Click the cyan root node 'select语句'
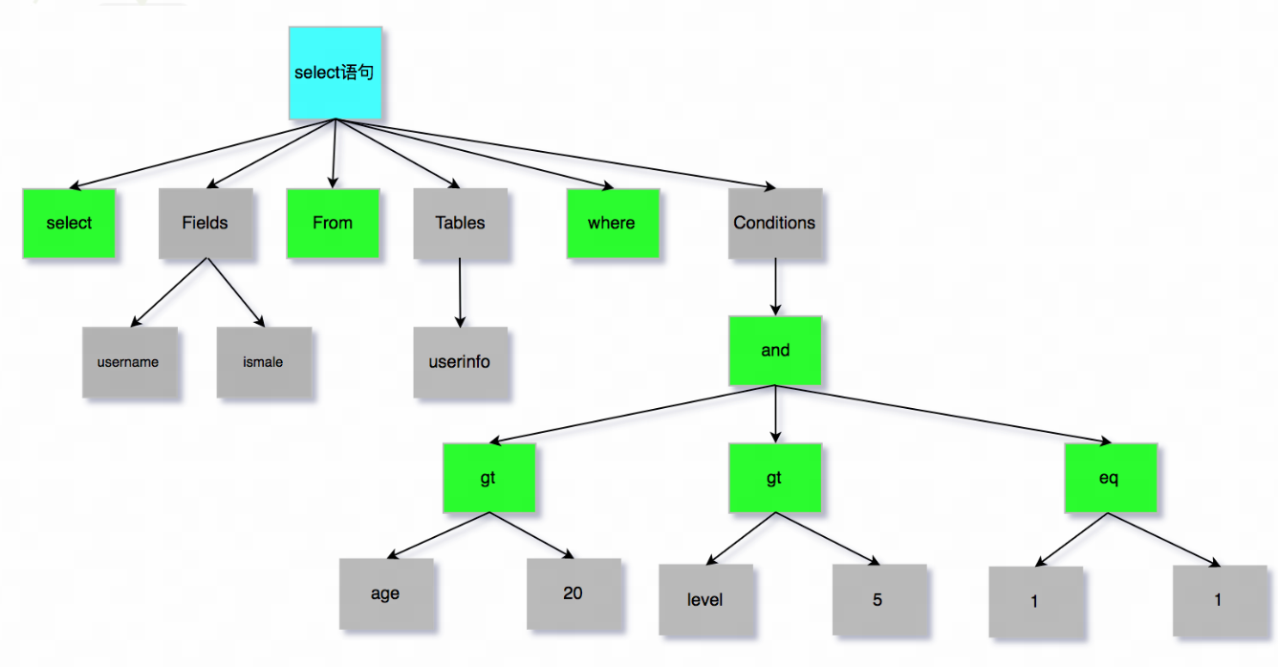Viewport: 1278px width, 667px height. click(336, 73)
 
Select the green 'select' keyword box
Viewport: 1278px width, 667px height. click(69, 223)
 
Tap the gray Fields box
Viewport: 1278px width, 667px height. click(206, 223)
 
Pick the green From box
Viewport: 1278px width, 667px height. click(334, 223)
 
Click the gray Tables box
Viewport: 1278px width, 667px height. click(461, 223)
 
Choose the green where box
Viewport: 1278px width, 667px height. click(614, 223)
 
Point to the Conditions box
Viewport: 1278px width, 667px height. click(775, 223)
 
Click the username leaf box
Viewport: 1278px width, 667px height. click(130, 362)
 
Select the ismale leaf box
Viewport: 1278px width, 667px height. click(264, 362)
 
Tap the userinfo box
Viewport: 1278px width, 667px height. click(461, 362)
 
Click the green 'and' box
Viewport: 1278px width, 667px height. click(775, 351)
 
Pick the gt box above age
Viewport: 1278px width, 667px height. click(489, 478)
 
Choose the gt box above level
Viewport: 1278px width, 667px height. click(775, 478)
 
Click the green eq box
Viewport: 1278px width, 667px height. click(1111, 478)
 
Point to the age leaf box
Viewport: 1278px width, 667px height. click(386, 594)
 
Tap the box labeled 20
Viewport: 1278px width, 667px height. click(574, 594)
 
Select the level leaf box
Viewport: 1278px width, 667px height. click(705, 600)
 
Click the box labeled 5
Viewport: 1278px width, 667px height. click(879, 600)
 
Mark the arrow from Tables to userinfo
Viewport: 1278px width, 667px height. click(460, 292)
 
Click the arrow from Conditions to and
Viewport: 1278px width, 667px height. click(775, 287)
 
